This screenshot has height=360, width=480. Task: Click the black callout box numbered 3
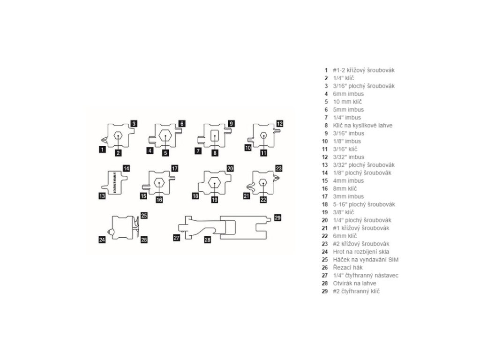pos(134,124)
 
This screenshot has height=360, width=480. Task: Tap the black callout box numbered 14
pos(126,168)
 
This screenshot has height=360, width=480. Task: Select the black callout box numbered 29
pos(277,217)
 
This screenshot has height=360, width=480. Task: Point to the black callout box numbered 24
pos(102,240)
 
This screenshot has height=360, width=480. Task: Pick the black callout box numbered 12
pos(280,124)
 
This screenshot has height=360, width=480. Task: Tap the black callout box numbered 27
pos(177,238)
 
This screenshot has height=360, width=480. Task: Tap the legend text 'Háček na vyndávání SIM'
pos(359,260)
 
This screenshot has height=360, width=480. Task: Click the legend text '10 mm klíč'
pos(347,102)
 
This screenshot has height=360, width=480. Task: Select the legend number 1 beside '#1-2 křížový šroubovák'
pos(326,70)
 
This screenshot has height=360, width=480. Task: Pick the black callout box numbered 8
pos(215,153)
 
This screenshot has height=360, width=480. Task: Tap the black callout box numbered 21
pos(247,196)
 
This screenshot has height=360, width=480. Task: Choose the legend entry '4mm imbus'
pos(345,180)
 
